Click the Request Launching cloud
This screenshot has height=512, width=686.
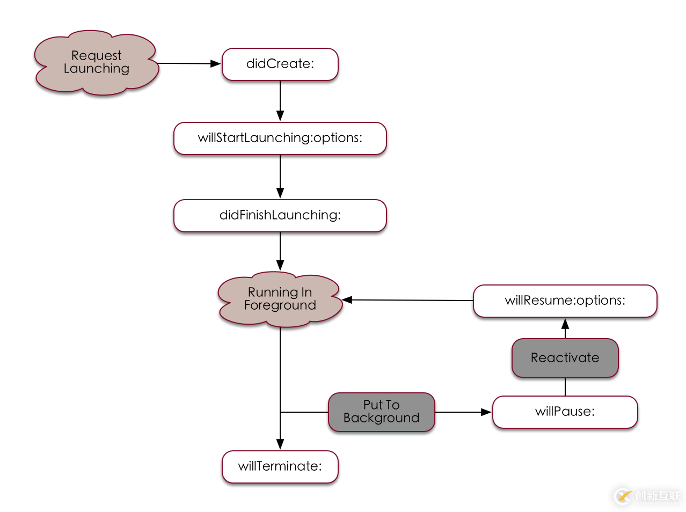tap(96, 63)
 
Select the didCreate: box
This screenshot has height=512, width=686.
tap(280, 64)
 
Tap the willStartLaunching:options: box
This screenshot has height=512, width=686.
tap(280, 138)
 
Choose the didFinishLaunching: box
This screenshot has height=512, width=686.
tap(280, 216)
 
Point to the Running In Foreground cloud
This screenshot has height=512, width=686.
tap(280, 299)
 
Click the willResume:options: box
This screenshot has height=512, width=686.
tap(565, 301)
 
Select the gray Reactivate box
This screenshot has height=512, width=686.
tap(565, 358)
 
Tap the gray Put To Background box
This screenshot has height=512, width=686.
tap(381, 412)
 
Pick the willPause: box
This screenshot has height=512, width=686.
tap(565, 412)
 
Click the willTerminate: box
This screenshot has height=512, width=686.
tap(280, 467)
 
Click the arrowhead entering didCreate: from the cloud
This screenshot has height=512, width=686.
tap(216, 64)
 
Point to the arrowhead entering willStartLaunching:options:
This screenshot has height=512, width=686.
tap(280, 116)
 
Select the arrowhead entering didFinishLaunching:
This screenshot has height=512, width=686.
tap(280, 193)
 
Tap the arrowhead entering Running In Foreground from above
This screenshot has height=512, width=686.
tap(280, 265)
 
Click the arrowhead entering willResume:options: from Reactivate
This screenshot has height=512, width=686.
tap(565, 324)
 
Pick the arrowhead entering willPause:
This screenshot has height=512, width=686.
tap(486, 412)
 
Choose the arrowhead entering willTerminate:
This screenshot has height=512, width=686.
tap(280, 444)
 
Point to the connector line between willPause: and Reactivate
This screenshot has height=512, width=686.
tap(565, 386)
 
